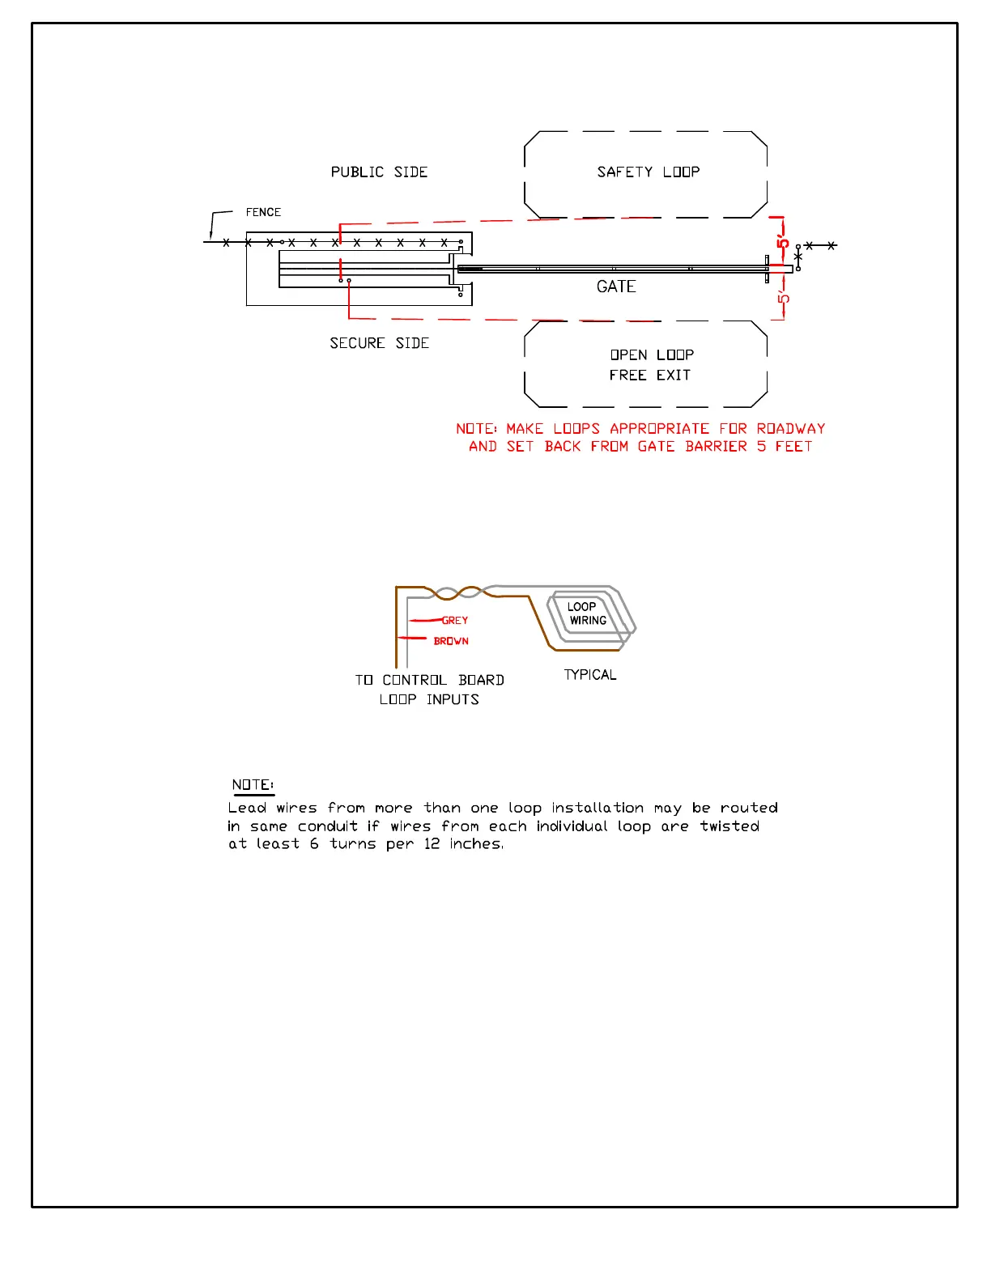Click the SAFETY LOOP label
(x=648, y=172)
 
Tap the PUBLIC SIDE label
(x=379, y=172)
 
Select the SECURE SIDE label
(x=379, y=343)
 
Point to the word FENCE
(x=263, y=212)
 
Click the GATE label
(x=616, y=287)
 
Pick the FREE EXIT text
(x=649, y=376)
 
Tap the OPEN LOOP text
(x=652, y=355)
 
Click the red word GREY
(x=455, y=621)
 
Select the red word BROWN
(x=451, y=641)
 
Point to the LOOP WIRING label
(x=587, y=613)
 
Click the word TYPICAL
(x=590, y=675)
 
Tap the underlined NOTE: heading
(x=253, y=785)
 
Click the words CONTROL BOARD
(x=443, y=680)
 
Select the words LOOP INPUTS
(x=429, y=699)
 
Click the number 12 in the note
(x=432, y=844)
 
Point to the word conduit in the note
(x=327, y=826)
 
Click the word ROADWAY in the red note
(x=791, y=429)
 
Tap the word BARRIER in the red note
(x=716, y=447)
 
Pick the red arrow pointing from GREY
(x=425, y=621)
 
